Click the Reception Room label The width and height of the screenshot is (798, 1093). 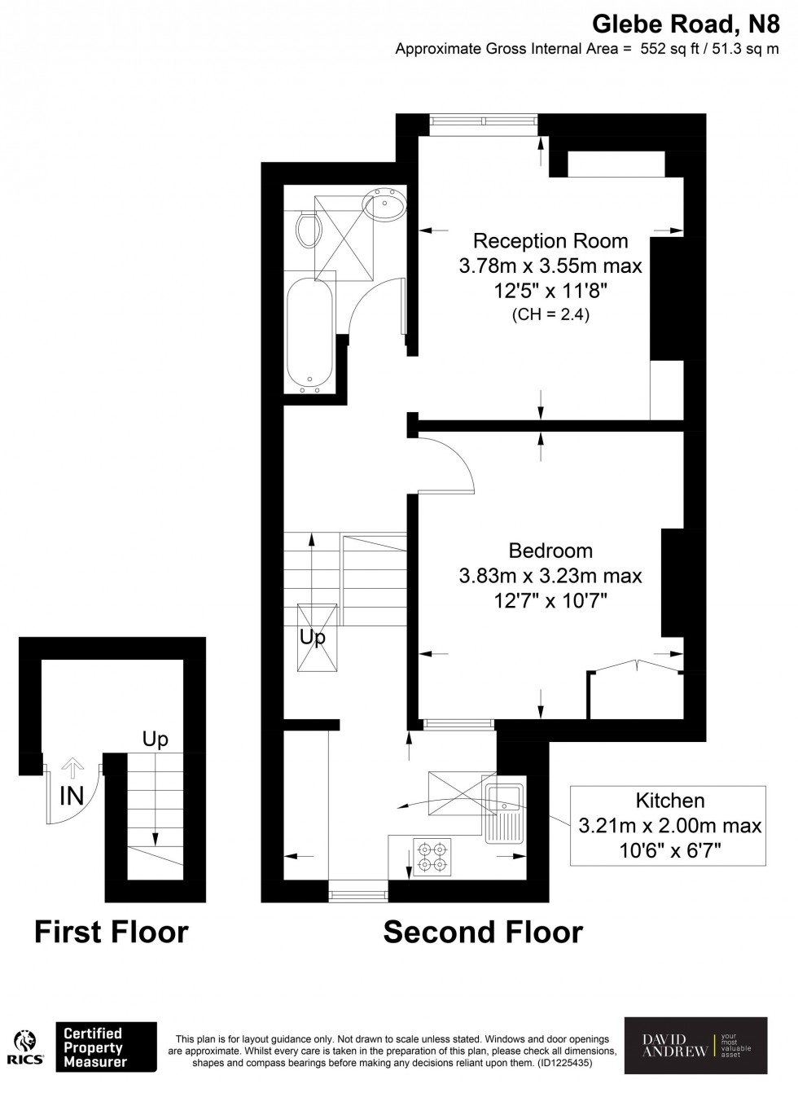coord(550,241)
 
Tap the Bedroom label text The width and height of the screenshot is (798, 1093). coord(550,551)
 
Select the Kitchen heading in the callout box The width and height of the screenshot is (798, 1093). coord(669,801)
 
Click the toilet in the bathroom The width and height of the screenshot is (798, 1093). coord(308,230)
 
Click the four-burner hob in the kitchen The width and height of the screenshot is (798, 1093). coord(432,856)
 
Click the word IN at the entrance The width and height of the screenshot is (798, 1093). coord(72,796)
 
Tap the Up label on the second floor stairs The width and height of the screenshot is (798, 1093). coord(312,638)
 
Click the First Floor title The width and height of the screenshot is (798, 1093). coord(112,932)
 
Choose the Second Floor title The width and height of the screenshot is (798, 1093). coord(483,932)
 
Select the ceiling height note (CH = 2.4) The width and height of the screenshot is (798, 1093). coord(550,314)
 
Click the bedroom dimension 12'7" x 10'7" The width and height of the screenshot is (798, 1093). coord(550,601)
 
